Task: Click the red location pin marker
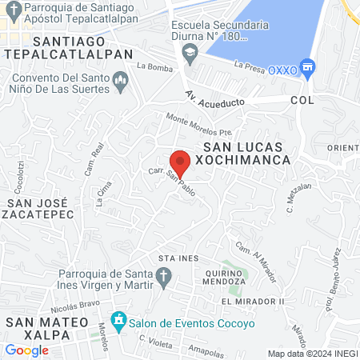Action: [181, 162]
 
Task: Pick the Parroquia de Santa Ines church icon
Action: [163, 278]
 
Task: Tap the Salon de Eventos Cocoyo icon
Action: [119, 321]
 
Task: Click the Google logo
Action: [27, 350]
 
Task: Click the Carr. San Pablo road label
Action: [171, 179]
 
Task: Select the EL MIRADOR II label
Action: [254, 301]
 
